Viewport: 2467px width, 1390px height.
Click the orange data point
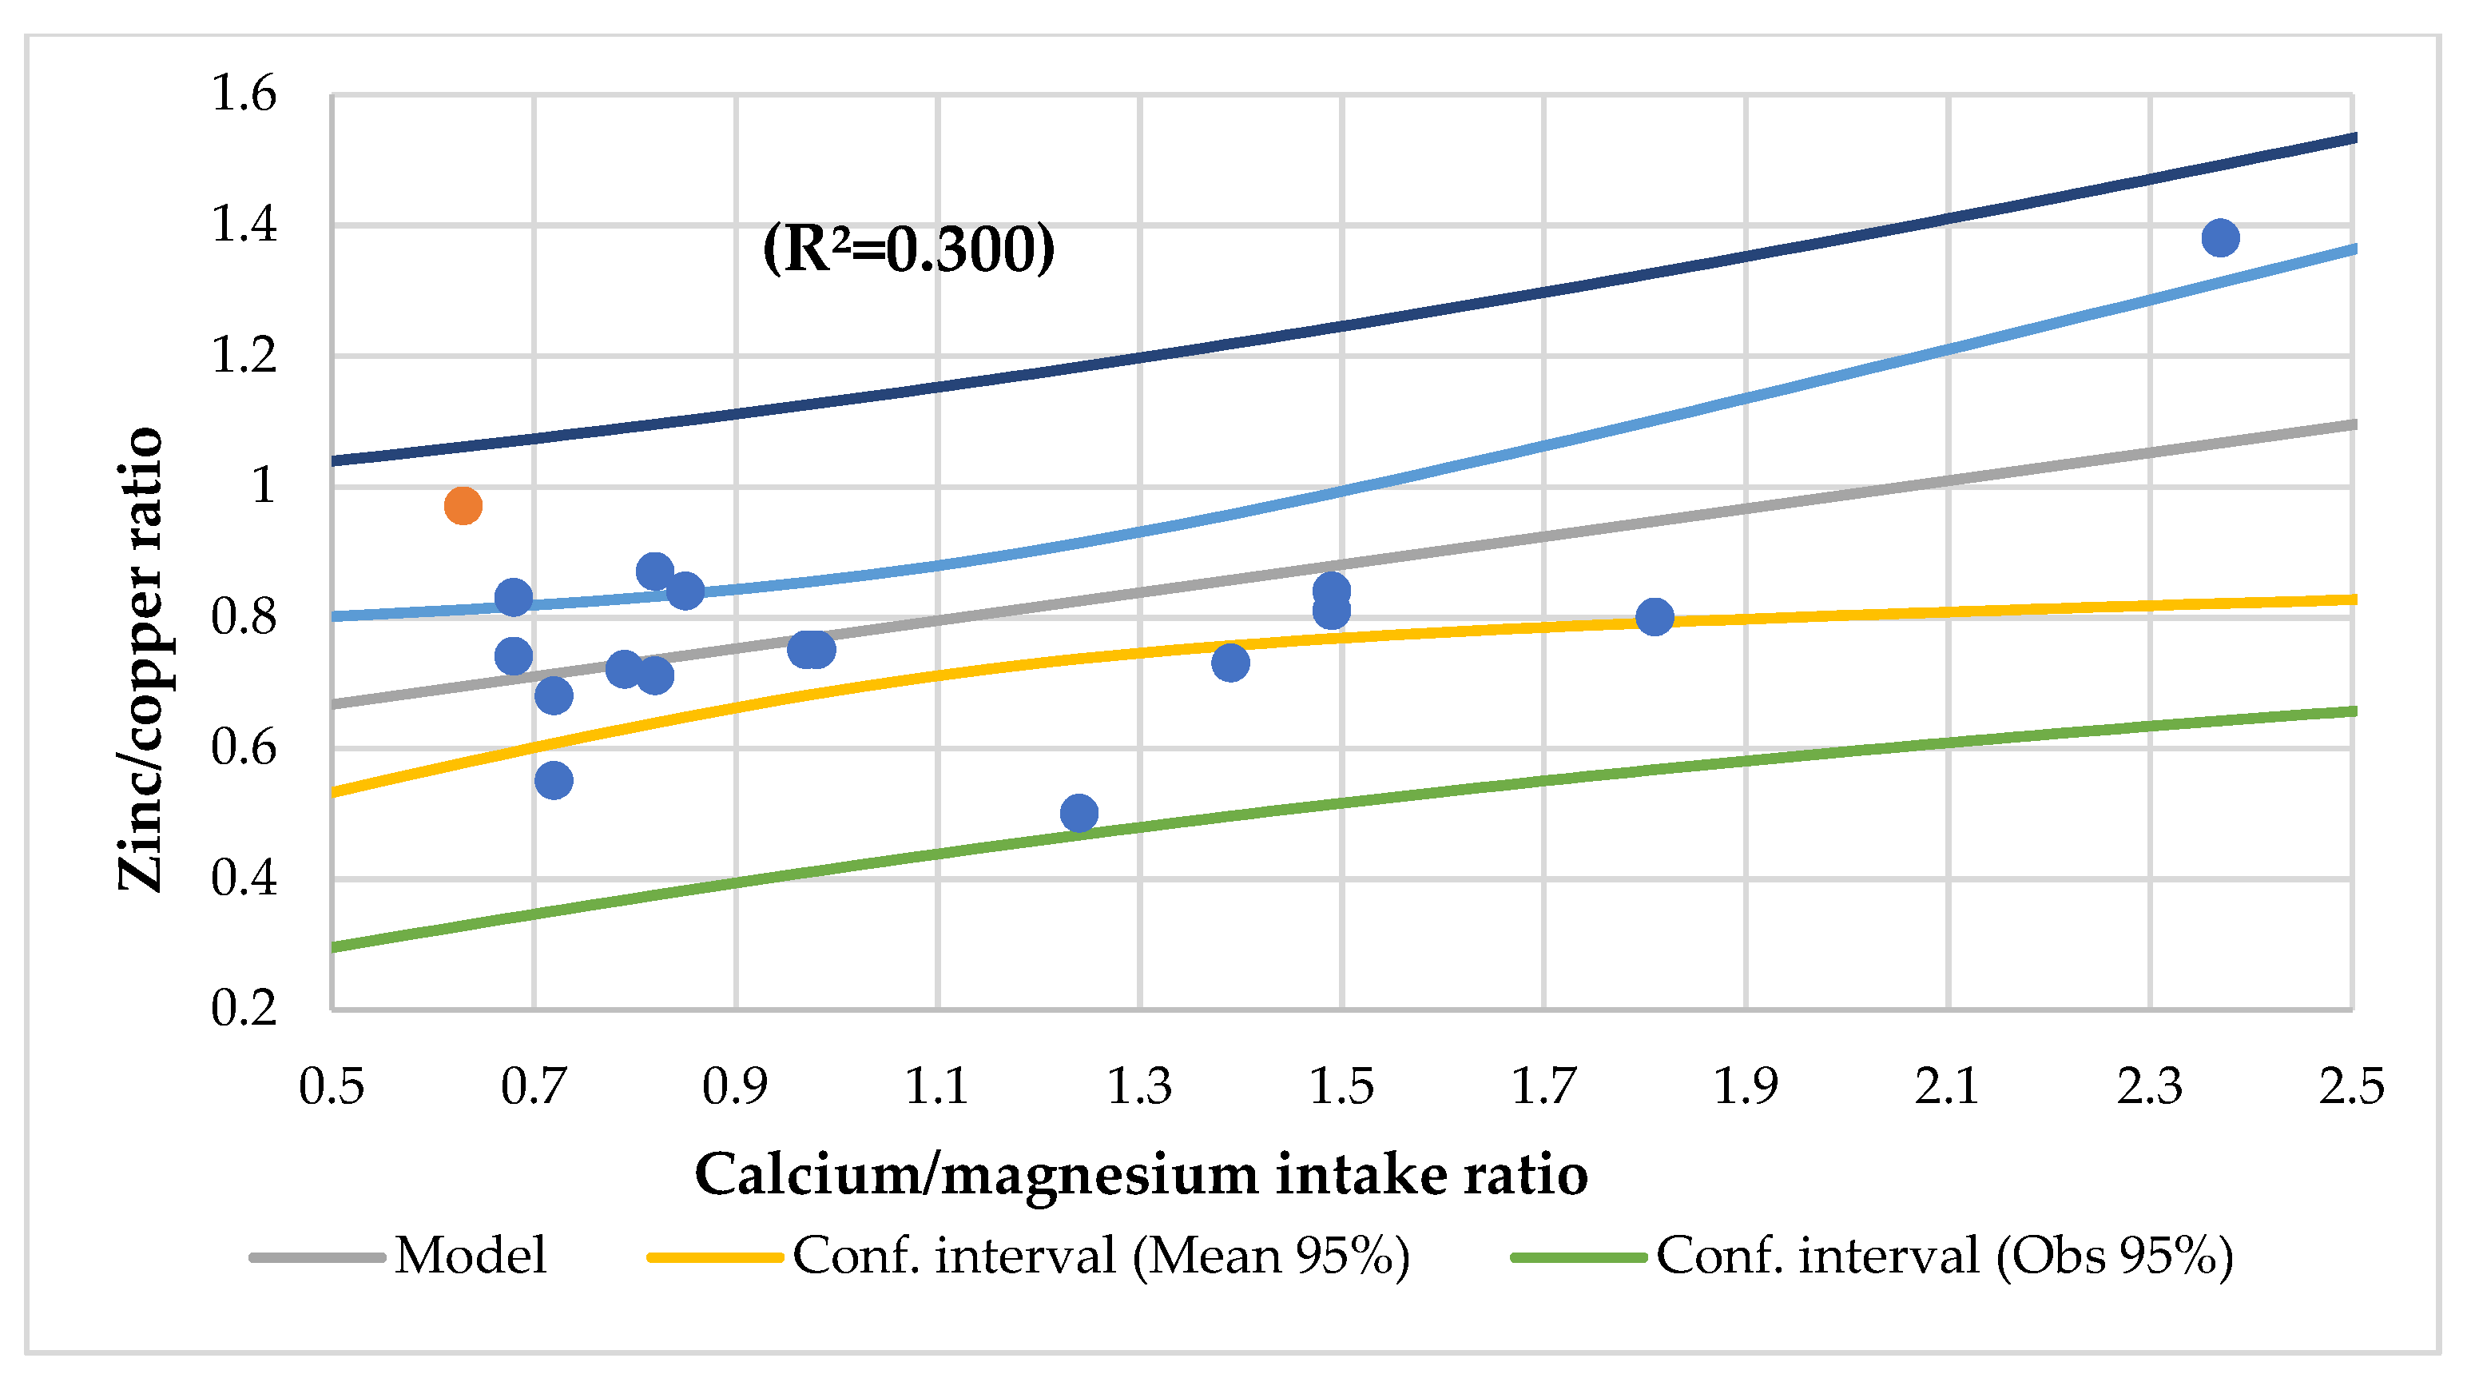(463, 506)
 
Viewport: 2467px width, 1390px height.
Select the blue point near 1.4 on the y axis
(2220, 237)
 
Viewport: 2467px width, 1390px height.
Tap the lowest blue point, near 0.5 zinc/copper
(1079, 814)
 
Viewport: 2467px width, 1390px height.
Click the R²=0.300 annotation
(908, 249)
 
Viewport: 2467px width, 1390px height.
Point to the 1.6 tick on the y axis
(243, 95)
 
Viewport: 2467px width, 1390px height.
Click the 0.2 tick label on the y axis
(243, 1009)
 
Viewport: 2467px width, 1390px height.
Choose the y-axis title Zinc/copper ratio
(141, 659)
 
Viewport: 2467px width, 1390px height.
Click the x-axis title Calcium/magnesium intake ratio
(1141, 1174)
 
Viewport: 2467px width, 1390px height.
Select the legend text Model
(471, 1256)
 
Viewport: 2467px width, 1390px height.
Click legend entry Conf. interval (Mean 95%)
(1102, 1256)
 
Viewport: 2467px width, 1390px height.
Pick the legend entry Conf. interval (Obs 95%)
(1944, 1256)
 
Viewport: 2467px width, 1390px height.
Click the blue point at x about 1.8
(1655, 617)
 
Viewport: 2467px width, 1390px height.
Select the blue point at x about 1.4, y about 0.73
(1230, 662)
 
